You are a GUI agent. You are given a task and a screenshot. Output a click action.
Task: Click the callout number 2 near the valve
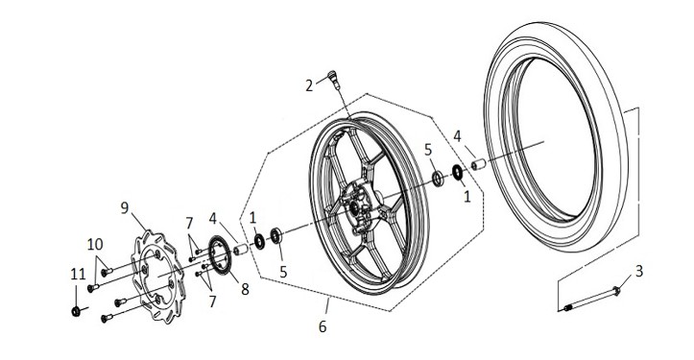309,85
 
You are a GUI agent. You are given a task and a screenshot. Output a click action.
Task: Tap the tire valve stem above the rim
334,80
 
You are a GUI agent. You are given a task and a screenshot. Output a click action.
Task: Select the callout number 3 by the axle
638,271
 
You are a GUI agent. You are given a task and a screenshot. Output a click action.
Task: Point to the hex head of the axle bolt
615,291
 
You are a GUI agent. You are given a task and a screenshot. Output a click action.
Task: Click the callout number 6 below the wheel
323,326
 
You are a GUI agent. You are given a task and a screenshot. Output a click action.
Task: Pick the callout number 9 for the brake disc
125,207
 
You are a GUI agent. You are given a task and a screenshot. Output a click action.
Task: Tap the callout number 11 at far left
78,275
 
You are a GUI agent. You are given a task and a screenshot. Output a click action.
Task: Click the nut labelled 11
76,311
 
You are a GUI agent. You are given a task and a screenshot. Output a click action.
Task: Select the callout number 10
95,244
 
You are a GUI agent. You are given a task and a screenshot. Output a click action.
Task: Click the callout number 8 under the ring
245,289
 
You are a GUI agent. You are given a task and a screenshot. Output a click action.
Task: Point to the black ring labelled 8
220,254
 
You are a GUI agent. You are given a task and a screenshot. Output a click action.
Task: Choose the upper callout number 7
189,223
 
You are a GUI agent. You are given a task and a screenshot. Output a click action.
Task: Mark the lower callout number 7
212,301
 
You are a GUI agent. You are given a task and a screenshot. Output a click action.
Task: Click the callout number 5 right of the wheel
427,150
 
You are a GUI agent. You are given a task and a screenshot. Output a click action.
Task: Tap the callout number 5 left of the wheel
283,272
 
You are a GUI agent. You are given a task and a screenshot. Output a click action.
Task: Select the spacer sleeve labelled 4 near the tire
478,165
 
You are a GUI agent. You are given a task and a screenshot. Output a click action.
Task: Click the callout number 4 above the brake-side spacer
213,218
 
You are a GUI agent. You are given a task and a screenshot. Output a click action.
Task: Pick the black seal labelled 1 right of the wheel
458,173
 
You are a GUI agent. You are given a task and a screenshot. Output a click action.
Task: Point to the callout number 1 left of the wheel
252,217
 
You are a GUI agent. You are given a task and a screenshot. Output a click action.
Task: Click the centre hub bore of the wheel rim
354,206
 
